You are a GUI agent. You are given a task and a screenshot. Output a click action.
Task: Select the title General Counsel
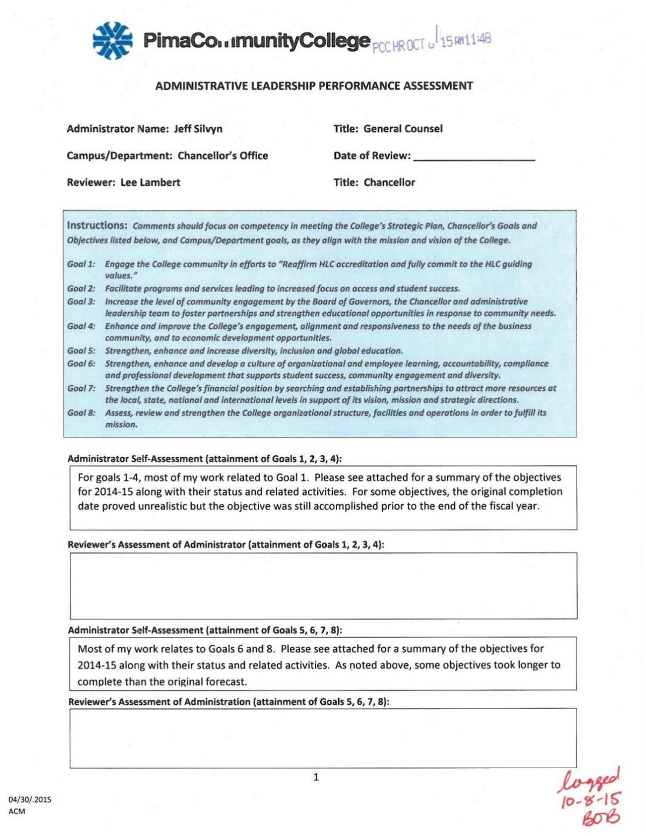coord(403,129)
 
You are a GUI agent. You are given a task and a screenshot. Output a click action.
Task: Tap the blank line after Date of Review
coord(474,158)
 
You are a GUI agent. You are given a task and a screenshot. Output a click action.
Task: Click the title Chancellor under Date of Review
coord(389,182)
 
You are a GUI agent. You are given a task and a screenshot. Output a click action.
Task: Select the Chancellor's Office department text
coord(223,155)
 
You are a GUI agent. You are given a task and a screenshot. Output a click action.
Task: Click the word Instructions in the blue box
coord(97,225)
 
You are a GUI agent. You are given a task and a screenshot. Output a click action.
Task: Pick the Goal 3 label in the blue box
coord(81,301)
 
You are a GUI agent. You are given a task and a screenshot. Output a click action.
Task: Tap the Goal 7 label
coord(81,388)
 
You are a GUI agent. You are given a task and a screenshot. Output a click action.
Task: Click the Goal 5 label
coord(81,351)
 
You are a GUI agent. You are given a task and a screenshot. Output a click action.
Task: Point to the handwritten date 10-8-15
coord(591,798)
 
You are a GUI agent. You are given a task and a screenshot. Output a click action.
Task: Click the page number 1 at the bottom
coord(316,777)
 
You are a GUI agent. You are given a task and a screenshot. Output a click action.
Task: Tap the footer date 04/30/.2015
coord(30,799)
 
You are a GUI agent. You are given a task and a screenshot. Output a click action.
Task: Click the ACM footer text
coord(17,811)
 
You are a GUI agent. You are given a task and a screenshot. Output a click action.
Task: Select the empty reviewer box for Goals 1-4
coord(323,585)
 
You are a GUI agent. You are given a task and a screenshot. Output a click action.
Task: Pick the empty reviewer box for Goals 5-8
coord(323,738)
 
